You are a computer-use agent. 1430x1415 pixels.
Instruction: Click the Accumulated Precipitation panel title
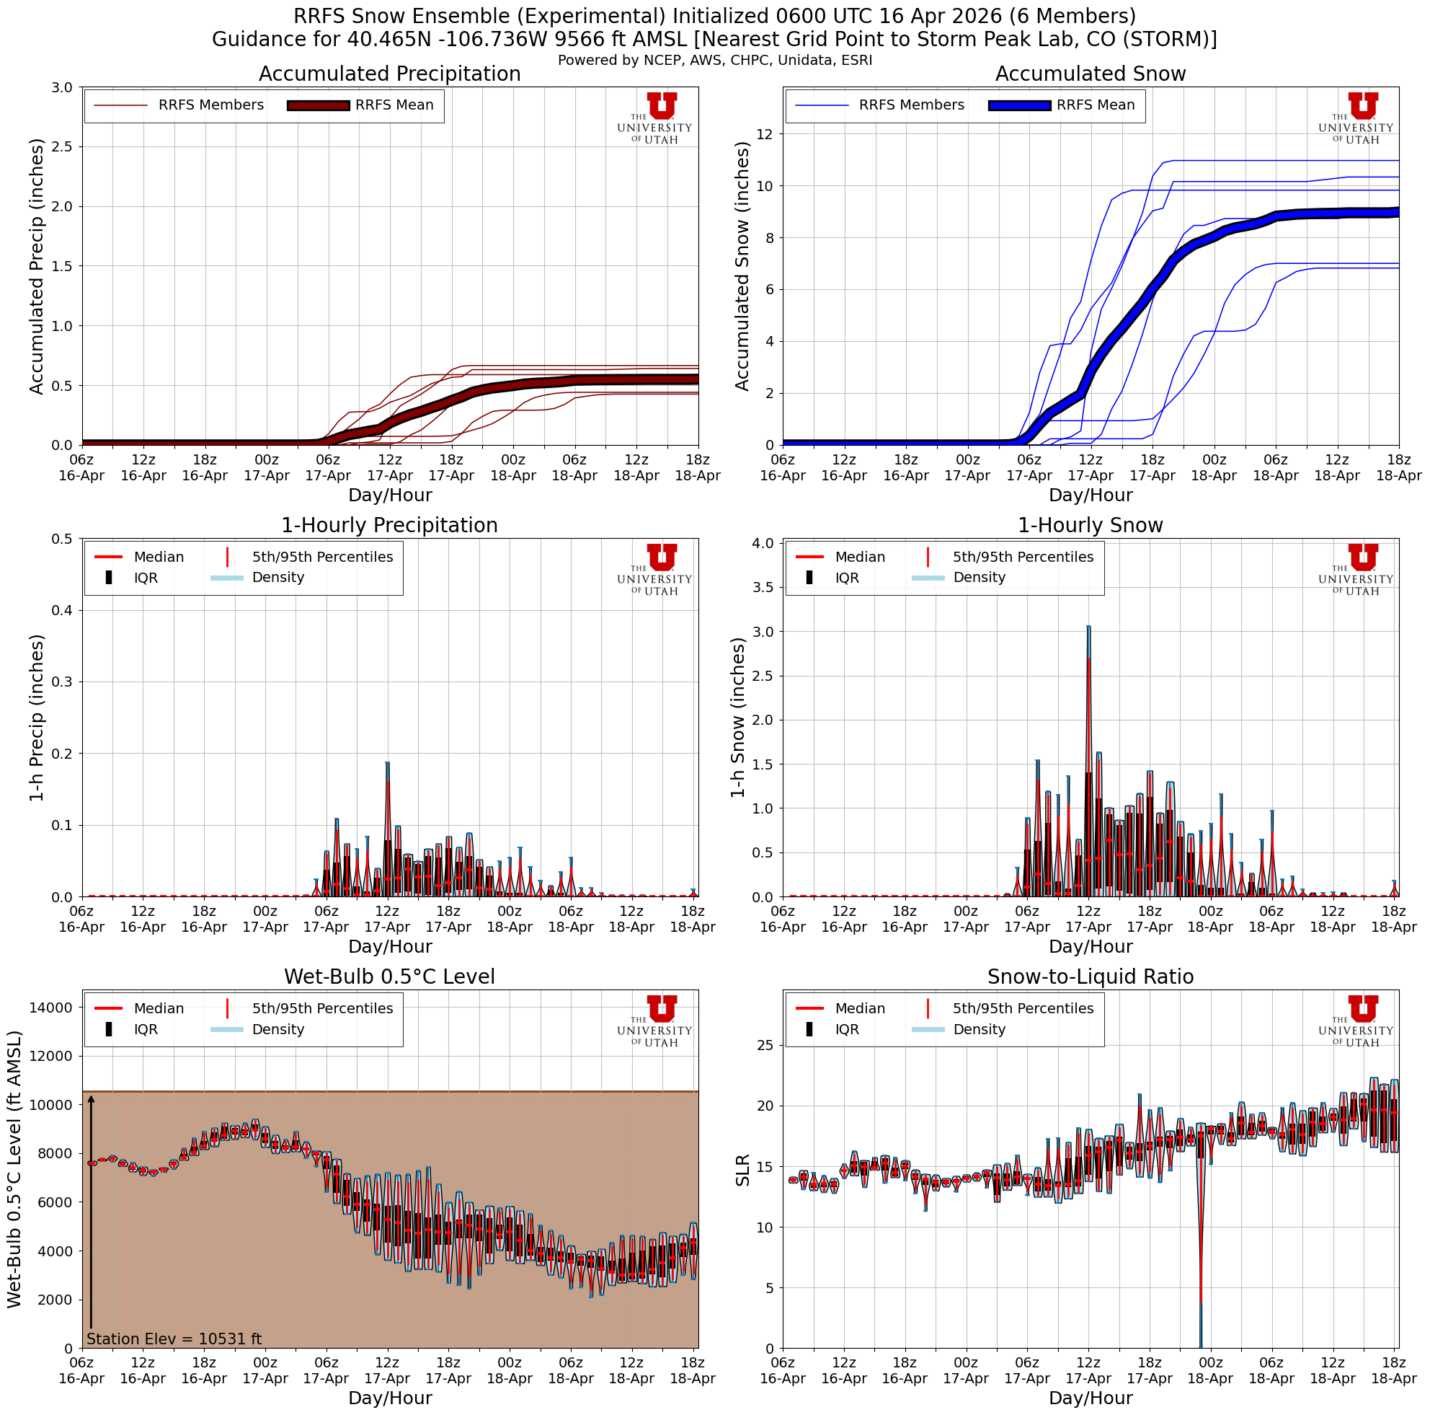coord(389,74)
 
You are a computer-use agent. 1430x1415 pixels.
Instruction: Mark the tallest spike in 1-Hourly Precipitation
coord(387,764)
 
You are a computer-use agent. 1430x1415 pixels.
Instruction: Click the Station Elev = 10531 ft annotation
coord(174,1339)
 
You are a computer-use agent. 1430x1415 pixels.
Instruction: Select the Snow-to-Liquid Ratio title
coord(1091,977)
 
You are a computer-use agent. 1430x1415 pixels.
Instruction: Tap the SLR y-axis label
coord(743,1170)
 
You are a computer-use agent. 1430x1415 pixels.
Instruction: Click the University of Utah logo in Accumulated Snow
coord(1355,118)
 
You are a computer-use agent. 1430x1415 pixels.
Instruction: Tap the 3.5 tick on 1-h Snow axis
coord(763,587)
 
